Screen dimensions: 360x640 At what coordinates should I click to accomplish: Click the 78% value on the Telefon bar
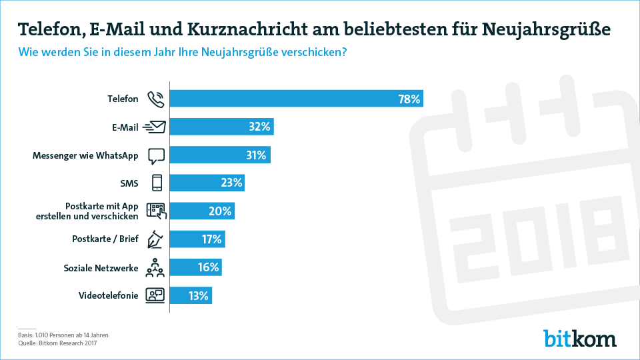pyautogui.click(x=409, y=99)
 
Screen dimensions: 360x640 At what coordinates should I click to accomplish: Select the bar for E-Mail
pyautogui.click(x=221, y=127)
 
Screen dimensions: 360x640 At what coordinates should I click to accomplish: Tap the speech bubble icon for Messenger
pyautogui.click(x=156, y=155)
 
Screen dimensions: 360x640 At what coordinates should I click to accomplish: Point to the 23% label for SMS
pyautogui.click(x=232, y=183)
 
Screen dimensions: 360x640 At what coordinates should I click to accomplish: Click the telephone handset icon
pyautogui.click(x=155, y=99)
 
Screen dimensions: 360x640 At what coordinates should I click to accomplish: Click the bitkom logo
pyautogui.click(x=579, y=338)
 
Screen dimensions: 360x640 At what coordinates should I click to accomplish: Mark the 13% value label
pyautogui.click(x=199, y=295)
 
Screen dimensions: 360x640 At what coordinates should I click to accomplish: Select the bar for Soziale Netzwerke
pyautogui.click(x=195, y=267)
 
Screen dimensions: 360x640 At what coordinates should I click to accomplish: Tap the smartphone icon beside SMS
pyautogui.click(x=156, y=183)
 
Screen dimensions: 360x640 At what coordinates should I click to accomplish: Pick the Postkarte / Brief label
pyautogui.click(x=105, y=239)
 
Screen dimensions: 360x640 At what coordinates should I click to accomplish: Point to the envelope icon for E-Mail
pyautogui.click(x=155, y=127)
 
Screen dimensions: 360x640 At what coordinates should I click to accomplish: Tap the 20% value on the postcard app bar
pyautogui.click(x=221, y=211)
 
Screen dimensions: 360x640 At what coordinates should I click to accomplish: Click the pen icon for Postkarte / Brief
pyautogui.click(x=156, y=239)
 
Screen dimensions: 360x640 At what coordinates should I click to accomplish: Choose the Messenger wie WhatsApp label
pyautogui.click(x=85, y=155)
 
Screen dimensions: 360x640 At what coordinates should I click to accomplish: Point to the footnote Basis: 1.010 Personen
pyautogui.click(x=63, y=335)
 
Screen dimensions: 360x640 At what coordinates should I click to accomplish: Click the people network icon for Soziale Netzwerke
pyautogui.click(x=155, y=267)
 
